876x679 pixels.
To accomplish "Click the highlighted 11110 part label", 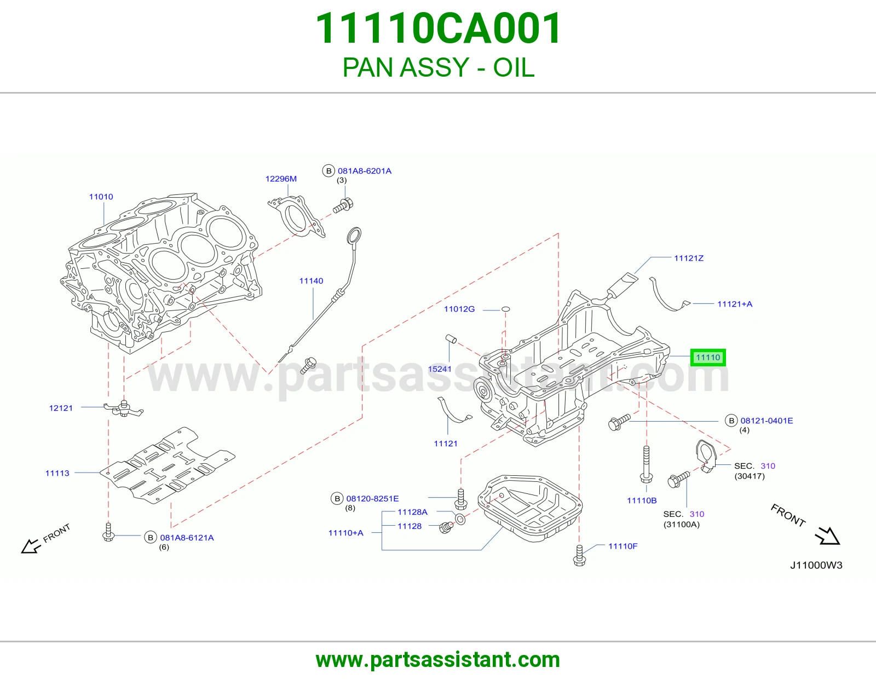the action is (x=708, y=357).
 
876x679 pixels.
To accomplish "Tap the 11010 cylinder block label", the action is (x=101, y=197).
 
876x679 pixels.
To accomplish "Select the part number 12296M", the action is (x=281, y=179).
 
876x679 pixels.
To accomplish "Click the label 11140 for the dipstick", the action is (x=311, y=280).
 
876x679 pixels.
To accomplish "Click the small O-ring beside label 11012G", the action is (x=505, y=309).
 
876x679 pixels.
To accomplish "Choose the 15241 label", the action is (x=440, y=369).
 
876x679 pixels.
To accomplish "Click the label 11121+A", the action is (x=735, y=304).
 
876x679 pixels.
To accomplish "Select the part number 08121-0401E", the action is (x=766, y=421).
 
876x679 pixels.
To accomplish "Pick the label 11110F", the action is (x=623, y=546).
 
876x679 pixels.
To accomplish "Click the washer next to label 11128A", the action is (x=460, y=519).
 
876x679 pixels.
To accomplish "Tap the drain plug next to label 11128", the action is (x=446, y=527).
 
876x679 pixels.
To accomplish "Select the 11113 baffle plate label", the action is (x=57, y=473).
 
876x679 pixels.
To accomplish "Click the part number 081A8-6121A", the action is (x=187, y=538).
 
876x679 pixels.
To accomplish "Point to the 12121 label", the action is (x=61, y=408).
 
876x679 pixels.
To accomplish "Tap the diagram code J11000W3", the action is (x=816, y=565).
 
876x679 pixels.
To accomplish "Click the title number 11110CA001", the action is (x=438, y=28).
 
